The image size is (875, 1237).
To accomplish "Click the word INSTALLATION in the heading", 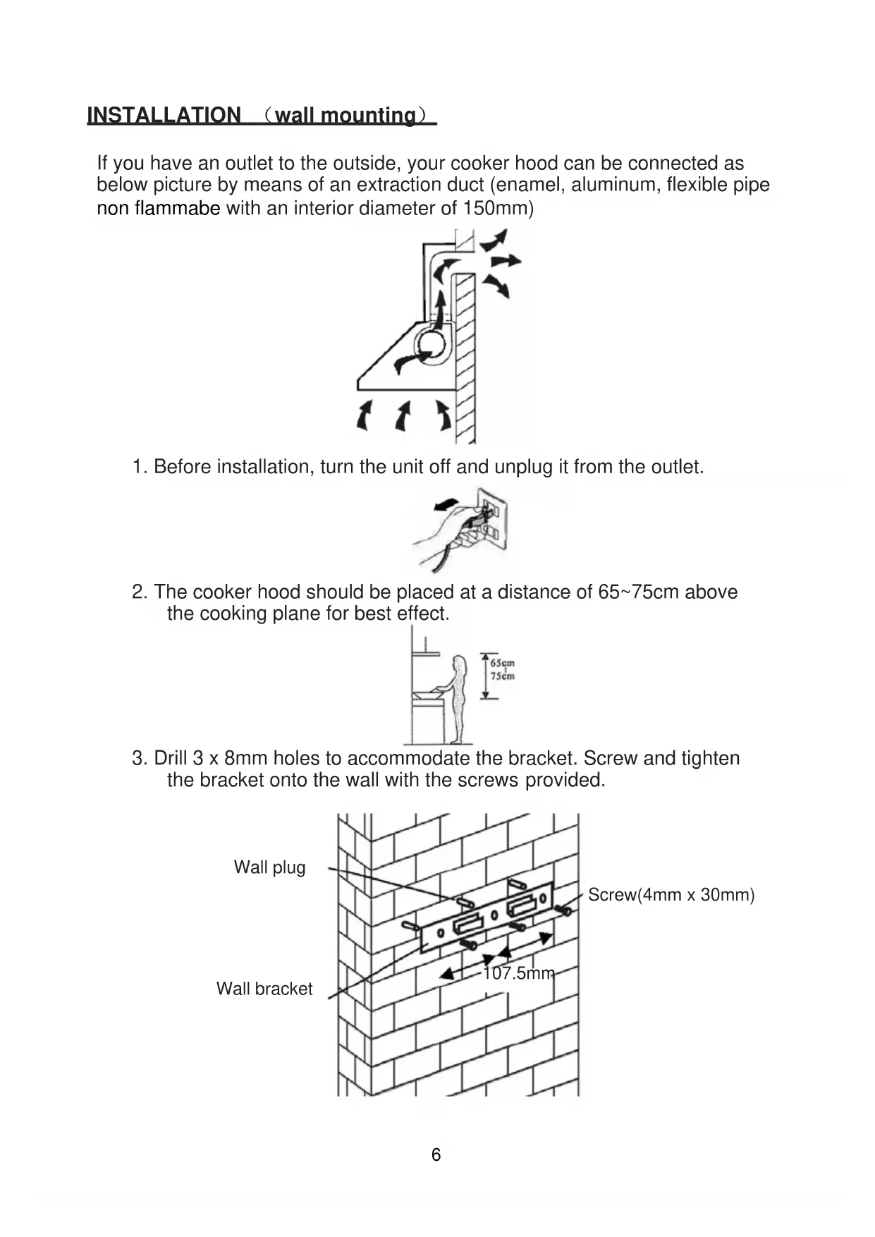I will [164, 116].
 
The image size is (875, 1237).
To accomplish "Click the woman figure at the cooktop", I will [459, 697].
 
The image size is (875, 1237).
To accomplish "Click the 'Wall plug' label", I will [269, 867].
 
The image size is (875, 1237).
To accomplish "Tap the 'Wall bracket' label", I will [264, 989].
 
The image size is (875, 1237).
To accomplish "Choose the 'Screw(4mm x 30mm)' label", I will [671, 895].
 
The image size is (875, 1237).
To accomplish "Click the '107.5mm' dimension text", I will [518, 974].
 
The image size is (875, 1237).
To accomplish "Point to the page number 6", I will [436, 1154].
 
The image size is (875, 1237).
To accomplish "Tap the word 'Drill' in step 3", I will [170, 759].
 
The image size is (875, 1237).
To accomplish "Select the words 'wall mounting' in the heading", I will [345, 116].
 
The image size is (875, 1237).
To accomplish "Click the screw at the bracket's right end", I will [563, 911].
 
